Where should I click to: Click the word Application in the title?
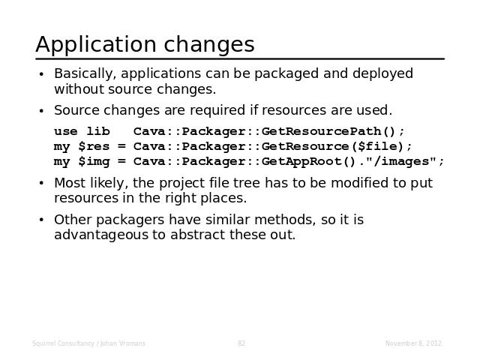tap(97, 45)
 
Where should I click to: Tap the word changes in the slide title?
tap(209, 45)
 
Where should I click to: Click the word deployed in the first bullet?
tap(382, 74)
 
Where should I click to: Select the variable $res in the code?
tap(94, 146)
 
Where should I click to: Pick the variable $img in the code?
tap(94, 162)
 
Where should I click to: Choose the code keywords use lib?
tap(82, 132)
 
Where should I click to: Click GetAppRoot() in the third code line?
tap(309, 161)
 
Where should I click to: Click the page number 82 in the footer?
tap(241, 343)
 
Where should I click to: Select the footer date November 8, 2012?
tap(413, 343)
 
